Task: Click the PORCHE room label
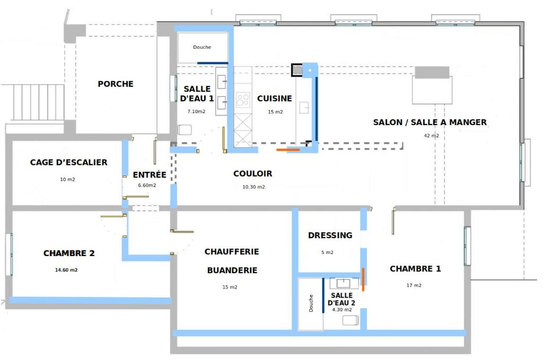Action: (x=115, y=84)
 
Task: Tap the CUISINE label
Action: (x=275, y=98)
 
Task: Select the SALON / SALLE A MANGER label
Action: (x=430, y=122)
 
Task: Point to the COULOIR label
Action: (x=253, y=173)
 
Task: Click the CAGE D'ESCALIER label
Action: (x=68, y=162)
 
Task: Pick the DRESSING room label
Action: (x=330, y=235)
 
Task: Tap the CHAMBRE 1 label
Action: (x=415, y=269)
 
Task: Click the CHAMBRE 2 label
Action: (x=69, y=253)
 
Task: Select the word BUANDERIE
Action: (x=232, y=270)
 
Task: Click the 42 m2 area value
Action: (x=432, y=135)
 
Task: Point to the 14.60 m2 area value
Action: (x=66, y=270)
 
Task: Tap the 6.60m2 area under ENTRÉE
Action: (x=147, y=185)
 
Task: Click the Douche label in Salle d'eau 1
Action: (x=202, y=47)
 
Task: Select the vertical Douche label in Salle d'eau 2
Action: (x=311, y=303)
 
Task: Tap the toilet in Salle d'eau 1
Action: (x=185, y=130)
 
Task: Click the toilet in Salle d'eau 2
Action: (x=350, y=320)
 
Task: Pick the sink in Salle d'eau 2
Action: (x=344, y=283)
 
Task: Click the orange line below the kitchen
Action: (x=288, y=150)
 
